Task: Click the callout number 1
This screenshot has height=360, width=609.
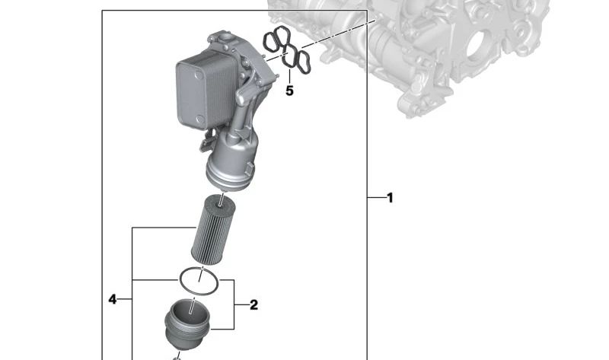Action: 391,198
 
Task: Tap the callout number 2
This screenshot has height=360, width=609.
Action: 253,305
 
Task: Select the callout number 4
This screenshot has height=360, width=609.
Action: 112,299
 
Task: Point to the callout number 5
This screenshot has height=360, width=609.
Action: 289,91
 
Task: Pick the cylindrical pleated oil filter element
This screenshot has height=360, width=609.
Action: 213,231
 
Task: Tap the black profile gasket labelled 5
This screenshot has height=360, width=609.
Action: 287,49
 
